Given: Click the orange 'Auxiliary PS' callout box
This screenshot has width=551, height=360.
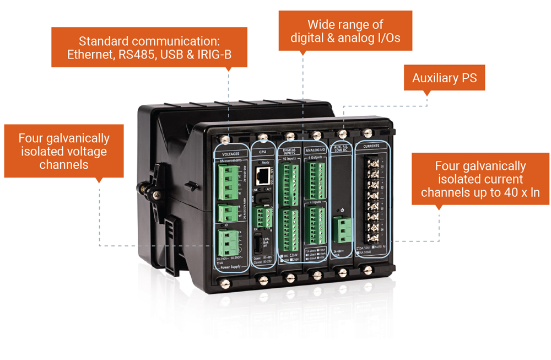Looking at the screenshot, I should [x=444, y=78].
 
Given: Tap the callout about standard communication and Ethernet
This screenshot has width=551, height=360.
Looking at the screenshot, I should [x=149, y=48].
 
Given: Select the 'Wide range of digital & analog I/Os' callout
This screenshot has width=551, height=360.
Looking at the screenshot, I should [x=345, y=31].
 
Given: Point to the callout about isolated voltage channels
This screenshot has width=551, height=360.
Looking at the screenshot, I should [x=63, y=151].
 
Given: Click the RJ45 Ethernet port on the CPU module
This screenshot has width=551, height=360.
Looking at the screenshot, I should [x=263, y=176].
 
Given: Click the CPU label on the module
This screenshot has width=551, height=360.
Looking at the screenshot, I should [x=262, y=151].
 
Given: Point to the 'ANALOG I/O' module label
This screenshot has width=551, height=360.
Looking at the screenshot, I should [x=316, y=149].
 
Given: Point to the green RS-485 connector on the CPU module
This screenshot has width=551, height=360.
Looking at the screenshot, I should [x=266, y=217].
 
